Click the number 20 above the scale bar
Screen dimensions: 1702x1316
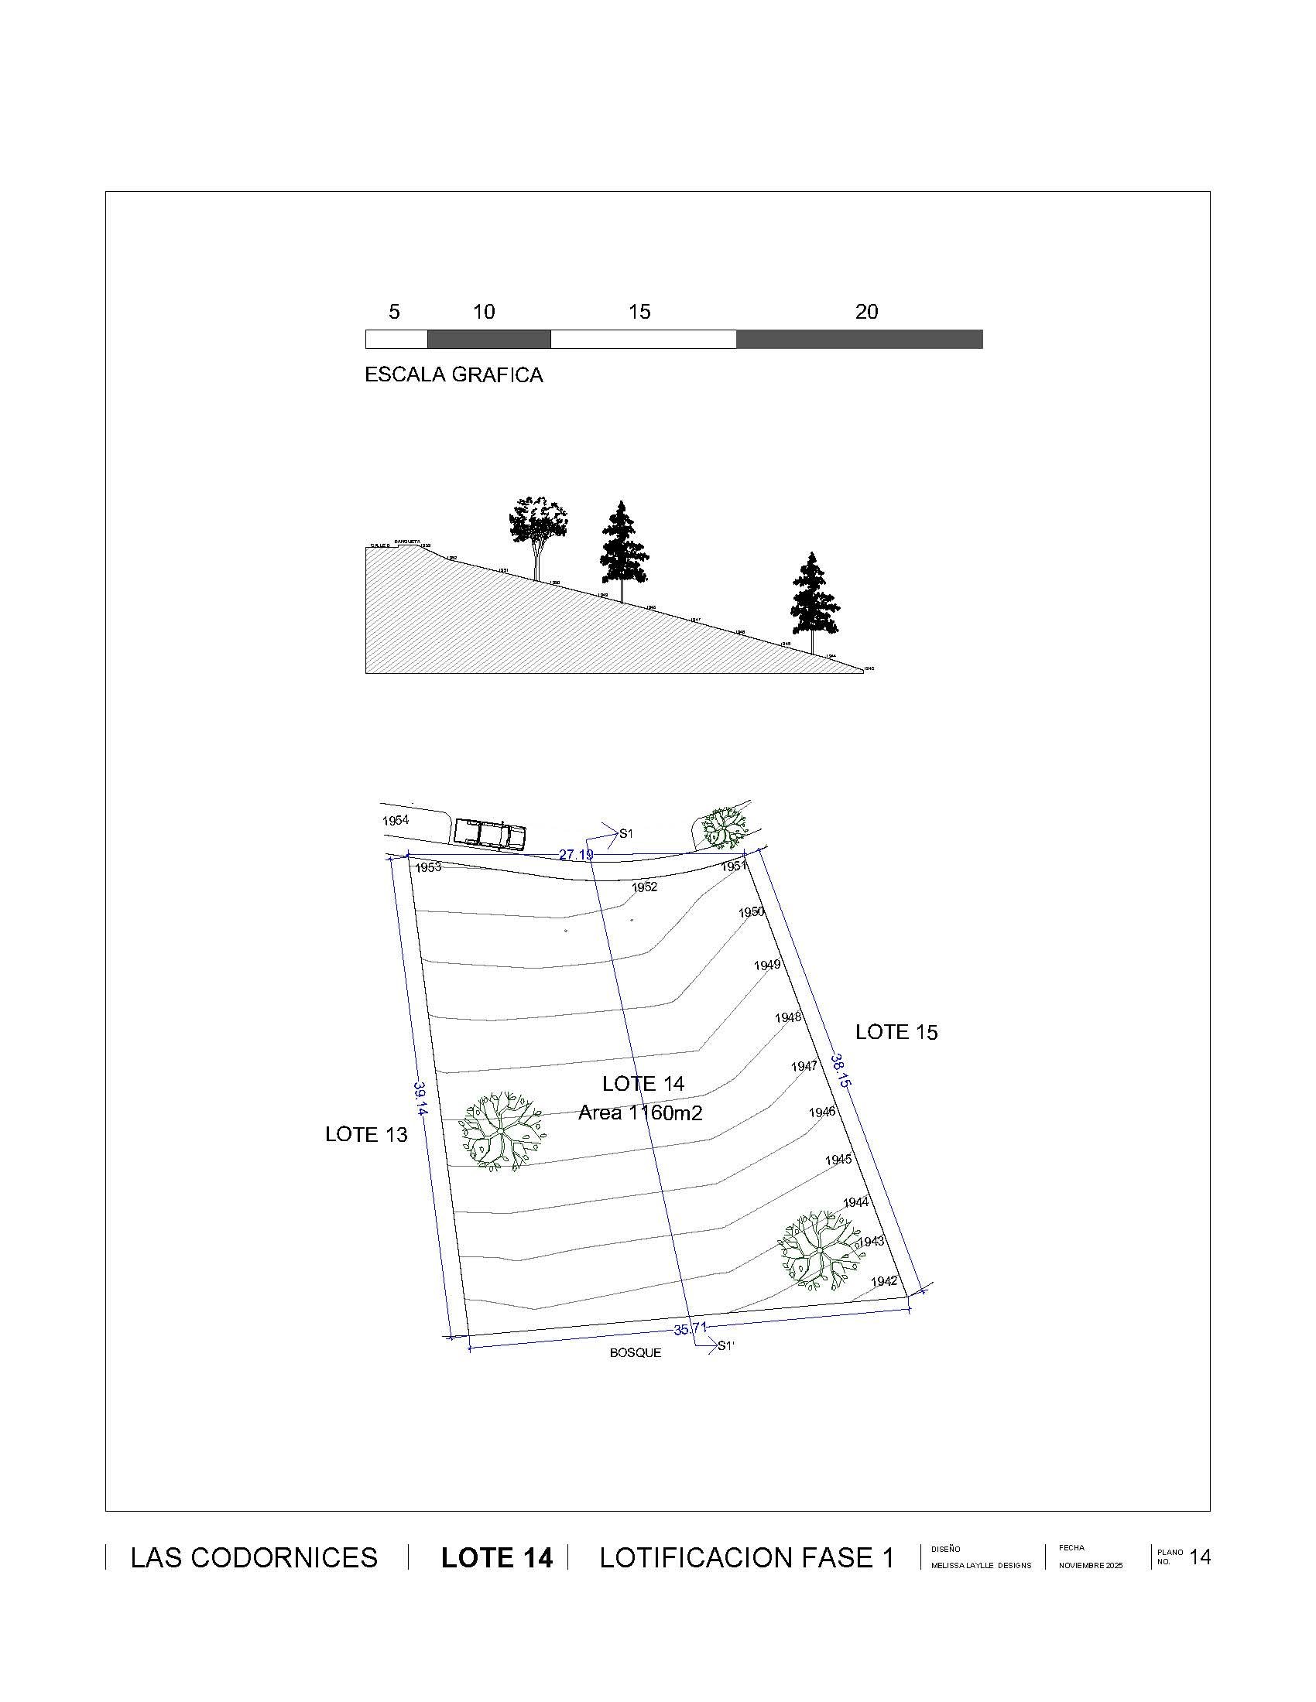coord(866,312)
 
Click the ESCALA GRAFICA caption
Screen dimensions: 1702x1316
coord(454,375)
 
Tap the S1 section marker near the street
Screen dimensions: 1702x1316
coord(625,834)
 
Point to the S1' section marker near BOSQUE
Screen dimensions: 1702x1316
coord(725,1345)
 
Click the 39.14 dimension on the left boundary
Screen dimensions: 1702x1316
coord(420,1099)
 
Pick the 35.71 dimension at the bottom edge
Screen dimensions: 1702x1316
coord(690,1328)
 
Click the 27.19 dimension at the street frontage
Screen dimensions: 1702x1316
coord(576,855)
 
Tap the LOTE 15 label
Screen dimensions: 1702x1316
coord(896,1032)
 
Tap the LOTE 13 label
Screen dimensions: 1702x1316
coord(365,1135)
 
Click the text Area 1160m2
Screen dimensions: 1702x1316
coord(640,1112)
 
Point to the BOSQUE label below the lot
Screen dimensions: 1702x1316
coord(636,1353)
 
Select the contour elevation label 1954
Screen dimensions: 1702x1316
coord(396,821)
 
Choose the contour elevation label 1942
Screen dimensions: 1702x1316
coord(884,1281)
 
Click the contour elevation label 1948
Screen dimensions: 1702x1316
coord(788,1017)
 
